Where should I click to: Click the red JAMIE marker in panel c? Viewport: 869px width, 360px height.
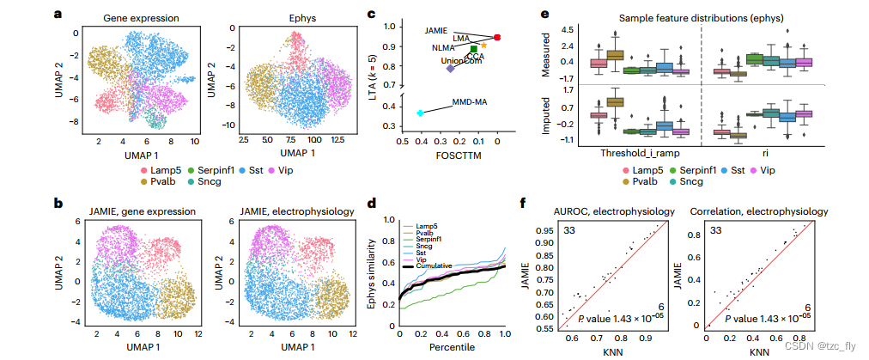pos(498,37)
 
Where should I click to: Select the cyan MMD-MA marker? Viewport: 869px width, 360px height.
pos(420,113)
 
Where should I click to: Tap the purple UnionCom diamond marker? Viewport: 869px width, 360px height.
pos(450,68)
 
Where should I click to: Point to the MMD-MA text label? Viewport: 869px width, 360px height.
pos(470,101)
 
